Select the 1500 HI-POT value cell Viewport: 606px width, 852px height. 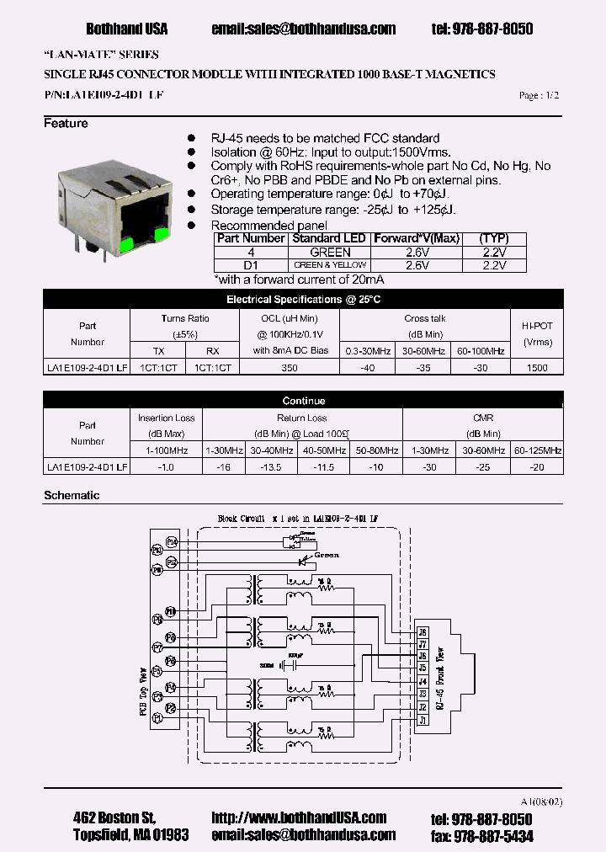pos(536,368)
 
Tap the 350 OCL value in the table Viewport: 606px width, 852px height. pos(290,368)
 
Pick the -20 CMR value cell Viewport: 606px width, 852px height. pos(537,466)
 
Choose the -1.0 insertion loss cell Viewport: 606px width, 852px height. pos(166,466)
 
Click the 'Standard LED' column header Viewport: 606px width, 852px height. pos(328,238)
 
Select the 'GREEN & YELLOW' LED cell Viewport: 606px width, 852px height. pos(330,265)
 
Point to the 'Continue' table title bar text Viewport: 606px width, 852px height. pos(304,401)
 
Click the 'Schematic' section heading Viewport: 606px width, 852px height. pos(72,496)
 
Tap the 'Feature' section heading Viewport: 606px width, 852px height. pos(66,124)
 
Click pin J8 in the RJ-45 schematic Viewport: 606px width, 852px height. pos(423,631)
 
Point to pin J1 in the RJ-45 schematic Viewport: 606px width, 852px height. pos(423,720)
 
